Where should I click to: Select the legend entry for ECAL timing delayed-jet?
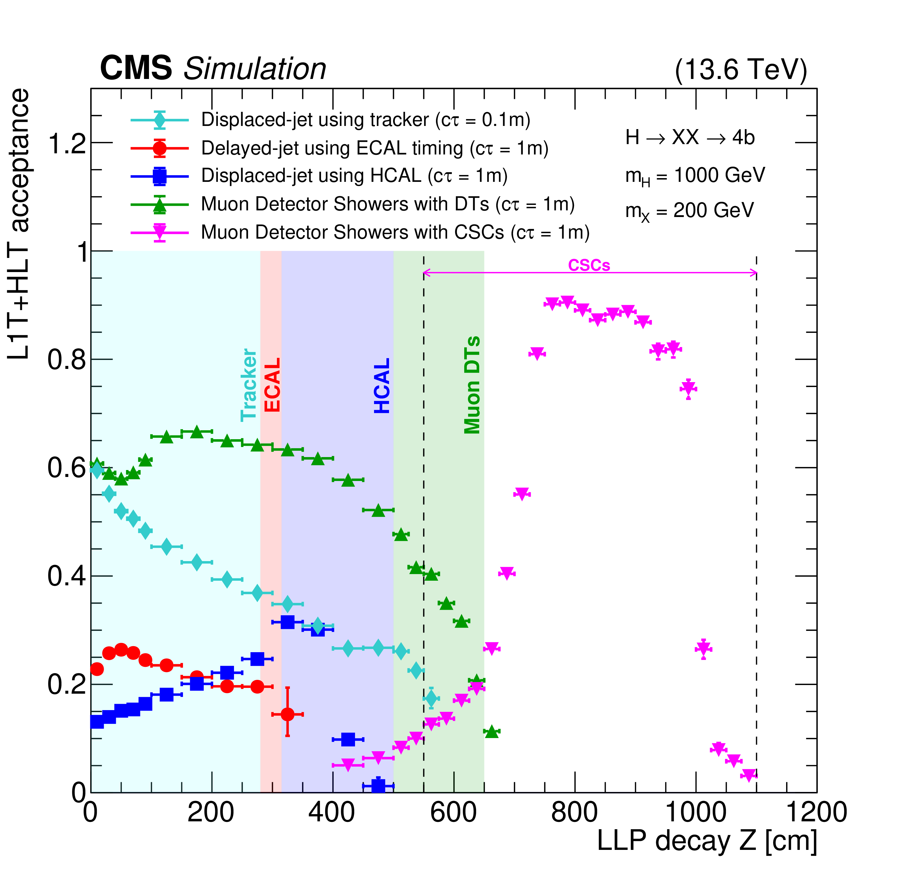tap(374, 148)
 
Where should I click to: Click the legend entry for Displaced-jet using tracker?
tap(365, 120)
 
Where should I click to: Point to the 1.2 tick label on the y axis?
tap(67, 144)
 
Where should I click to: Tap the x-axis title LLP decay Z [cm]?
tap(707, 840)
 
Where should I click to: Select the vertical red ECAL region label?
tap(272, 384)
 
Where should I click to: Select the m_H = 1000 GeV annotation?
tap(695, 176)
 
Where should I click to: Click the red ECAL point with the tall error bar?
tap(287, 714)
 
